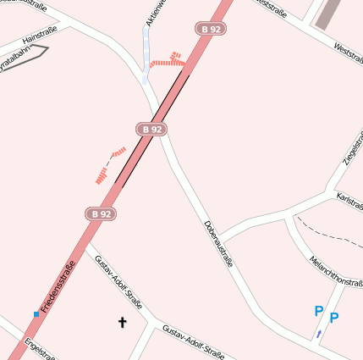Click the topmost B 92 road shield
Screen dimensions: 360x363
[x=211, y=28]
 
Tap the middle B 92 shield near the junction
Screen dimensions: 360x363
[x=151, y=129]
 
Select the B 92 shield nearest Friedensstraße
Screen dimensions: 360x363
[x=100, y=214]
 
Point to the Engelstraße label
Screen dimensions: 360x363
[x=40, y=350]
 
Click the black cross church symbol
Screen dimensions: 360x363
[x=122, y=322]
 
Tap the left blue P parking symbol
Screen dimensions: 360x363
[x=318, y=312]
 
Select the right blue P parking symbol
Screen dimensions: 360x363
[x=334, y=318]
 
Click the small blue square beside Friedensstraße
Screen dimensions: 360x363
[x=36, y=313]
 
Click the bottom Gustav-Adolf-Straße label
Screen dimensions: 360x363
[x=193, y=341]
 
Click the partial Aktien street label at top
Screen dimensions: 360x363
[x=152, y=12]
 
